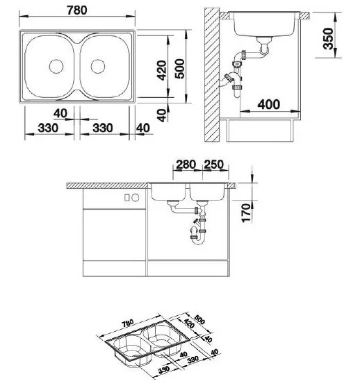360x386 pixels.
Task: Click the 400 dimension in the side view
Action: pyautogui.click(x=268, y=105)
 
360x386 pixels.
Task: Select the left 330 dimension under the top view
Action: pyautogui.click(x=47, y=128)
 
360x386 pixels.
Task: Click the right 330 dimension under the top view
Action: pyautogui.click(x=103, y=128)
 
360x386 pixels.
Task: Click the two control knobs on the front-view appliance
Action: pyautogui.click(x=129, y=198)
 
